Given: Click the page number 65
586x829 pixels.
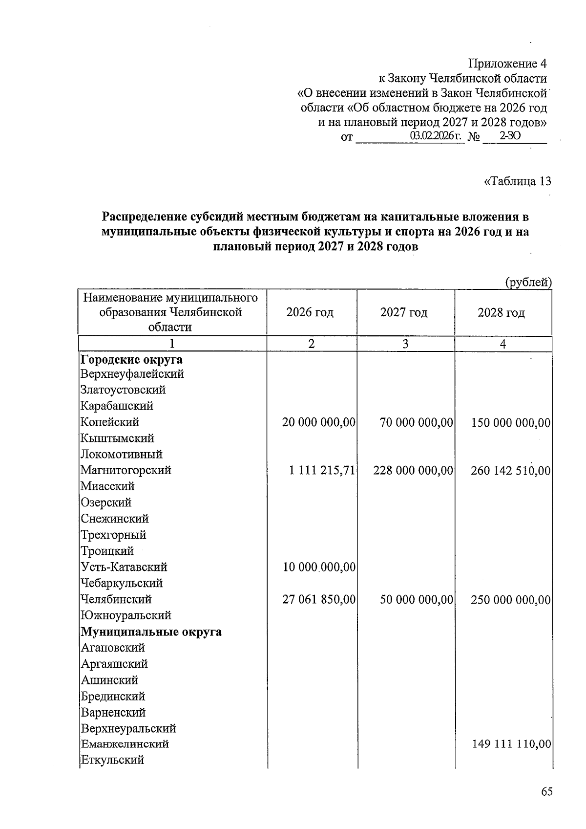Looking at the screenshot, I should pyautogui.click(x=546, y=792).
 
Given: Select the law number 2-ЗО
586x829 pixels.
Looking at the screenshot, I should pyautogui.click(x=509, y=136).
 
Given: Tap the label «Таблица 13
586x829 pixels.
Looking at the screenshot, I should pyautogui.click(x=517, y=181).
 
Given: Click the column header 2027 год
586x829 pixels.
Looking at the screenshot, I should pyautogui.click(x=404, y=312).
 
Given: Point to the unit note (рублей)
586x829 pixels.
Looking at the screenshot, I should pyautogui.click(x=528, y=282).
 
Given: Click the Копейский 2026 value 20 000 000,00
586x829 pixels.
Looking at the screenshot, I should pyautogui.click(x=319, y=422).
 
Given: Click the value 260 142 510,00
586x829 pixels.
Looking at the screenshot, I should pyautogui.click(x=511, y=471).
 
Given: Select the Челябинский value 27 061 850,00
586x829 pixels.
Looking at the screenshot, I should pyautogui.click(x=319, y=599).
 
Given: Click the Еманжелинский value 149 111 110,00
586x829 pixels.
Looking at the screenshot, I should pyautogui.click(x=512, y=744).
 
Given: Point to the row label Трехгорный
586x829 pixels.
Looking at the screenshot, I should pyautogui.click(x=113, y=535).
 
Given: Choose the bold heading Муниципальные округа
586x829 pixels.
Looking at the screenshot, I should pyautogui.click(x=151, y=632).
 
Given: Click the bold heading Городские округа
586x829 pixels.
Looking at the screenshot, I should pyautogui.click(x=131, y=360).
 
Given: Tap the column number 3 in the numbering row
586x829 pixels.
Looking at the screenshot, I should pyautogui.click(x=405, y=344).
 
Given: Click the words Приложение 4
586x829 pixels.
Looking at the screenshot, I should pyautogui.click(x=507, y=64).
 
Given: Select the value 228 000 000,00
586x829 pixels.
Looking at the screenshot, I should pyautogui.click(x=413, y=471).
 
